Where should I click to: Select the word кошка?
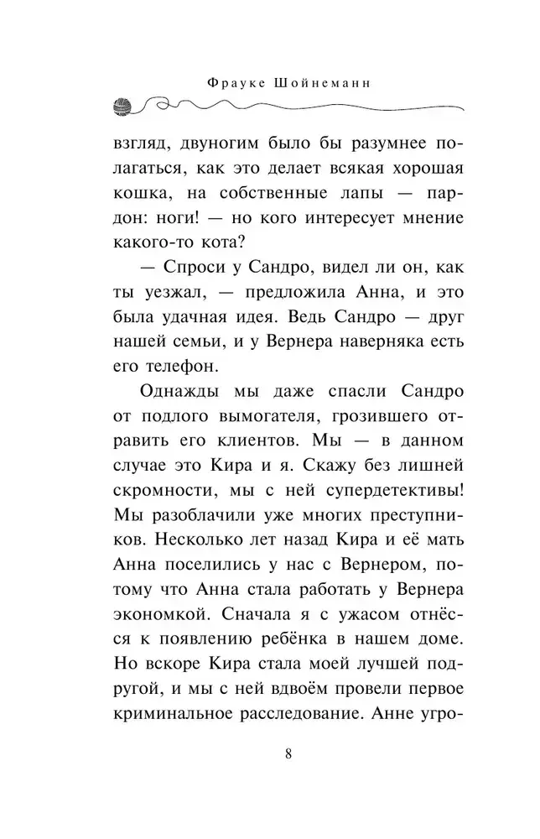[139, 191]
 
